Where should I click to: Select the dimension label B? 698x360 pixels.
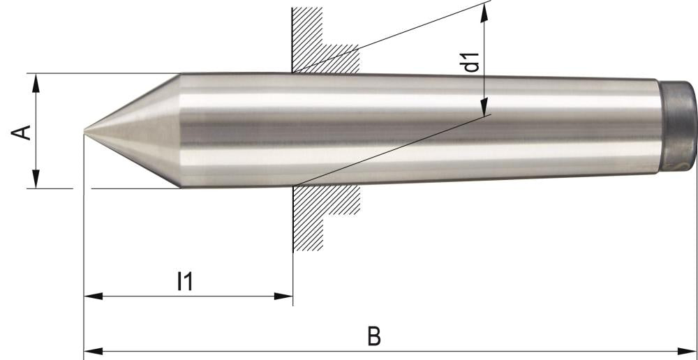pyautogui.click(x=375, y=336)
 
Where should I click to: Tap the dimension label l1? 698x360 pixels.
pyautogui.click(x=184, y=281)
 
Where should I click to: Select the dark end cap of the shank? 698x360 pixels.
pyautogui.click(x=678, y=126)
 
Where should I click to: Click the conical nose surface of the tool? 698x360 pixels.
pyautogui.click(x=140, y=129)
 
